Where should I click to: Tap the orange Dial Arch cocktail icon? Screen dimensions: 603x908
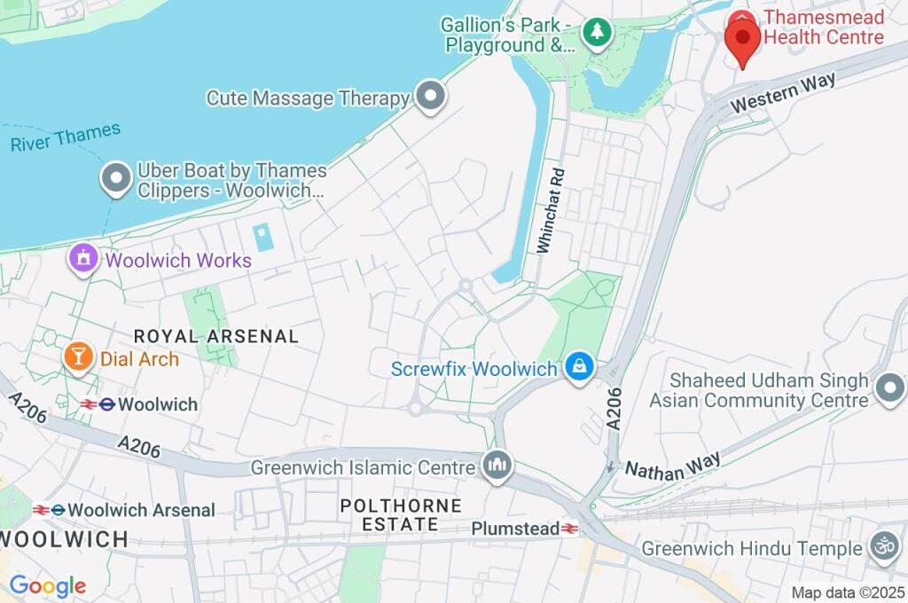(79, 358)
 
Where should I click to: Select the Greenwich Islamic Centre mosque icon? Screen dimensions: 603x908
(497, 466)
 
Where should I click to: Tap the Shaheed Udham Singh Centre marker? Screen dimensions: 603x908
(888, 389)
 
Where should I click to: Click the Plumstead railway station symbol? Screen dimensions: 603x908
(569, 529)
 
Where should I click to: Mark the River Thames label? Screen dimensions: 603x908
(65, 138)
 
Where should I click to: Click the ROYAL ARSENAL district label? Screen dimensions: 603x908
(215, 336)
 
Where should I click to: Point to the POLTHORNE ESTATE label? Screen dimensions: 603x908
(401, 515)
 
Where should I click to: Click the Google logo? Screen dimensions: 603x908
(47, 586)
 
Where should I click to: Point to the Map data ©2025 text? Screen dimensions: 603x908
(848, 592)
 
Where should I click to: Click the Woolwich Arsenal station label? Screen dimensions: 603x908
(141, 510)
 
